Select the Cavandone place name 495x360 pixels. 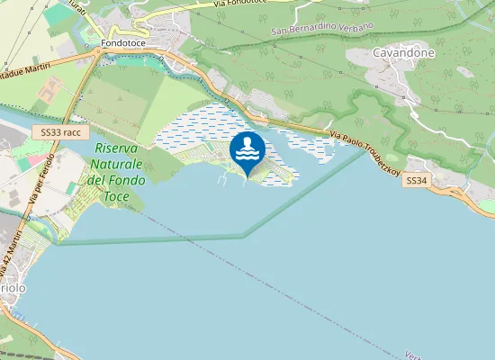point(403,53)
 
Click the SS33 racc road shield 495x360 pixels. point(61,131)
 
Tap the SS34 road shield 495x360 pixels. point(415,181)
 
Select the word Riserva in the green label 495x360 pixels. point(115,148)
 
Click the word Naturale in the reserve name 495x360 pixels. point(115,165)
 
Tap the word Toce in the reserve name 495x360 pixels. point(117,195)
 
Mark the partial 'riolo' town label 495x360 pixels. point(12,286)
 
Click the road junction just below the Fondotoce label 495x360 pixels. point(96,53)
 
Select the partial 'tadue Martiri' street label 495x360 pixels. point(25,71)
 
